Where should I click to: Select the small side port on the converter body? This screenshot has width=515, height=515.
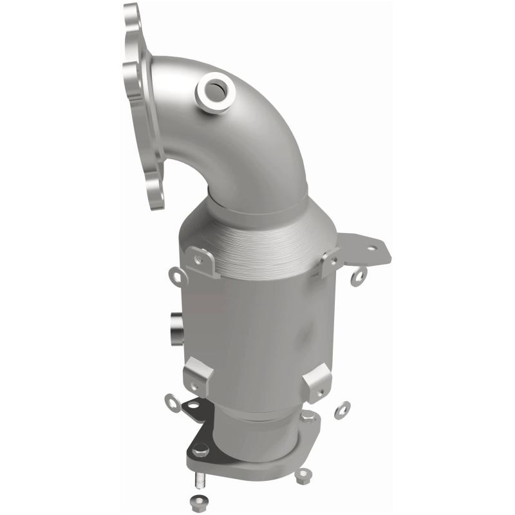click(175, 326)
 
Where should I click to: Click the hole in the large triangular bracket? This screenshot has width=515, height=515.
click(371, 247)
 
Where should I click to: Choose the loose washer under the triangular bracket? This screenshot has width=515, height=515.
click(359, 276)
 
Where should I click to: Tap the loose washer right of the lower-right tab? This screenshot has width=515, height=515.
click(342, 409)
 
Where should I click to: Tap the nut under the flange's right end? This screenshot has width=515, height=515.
click(301, 478)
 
